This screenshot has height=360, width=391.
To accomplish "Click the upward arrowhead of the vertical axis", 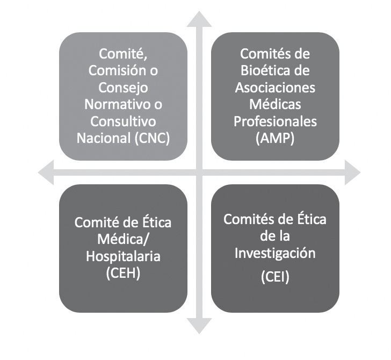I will tap(199, 20).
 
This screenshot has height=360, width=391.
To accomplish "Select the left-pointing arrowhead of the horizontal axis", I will tap(48, 172).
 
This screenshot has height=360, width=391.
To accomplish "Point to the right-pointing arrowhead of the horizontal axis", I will tap(352, 172).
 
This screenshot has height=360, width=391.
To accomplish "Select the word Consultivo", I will tap(124, 120).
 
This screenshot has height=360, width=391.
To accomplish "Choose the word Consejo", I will tap(124, 87).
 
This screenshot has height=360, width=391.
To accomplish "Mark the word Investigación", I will tap(275, 252).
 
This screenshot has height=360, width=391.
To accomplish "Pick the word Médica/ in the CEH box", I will tap(124, 239).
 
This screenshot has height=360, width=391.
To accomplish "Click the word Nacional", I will tap(103, 137).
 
